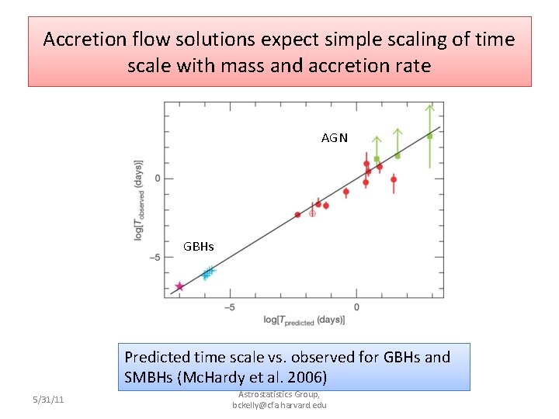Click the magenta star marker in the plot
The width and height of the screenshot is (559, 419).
pyautogui.click(x=179, y=286)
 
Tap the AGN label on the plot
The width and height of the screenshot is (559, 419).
pyautogui.click(x=335, y=138)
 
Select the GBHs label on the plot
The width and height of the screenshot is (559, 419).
pyautogui.click(x=198, y=247)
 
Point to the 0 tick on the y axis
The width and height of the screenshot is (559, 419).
pyautogui.click(x=158, y=178)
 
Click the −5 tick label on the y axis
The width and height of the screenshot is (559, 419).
pyautogui.click(x=155, y=258)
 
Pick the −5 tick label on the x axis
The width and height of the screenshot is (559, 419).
pyautogui.click(x=230, y=307)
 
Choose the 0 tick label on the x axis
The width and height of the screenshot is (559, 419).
pyautogui.click(x=356, y=307)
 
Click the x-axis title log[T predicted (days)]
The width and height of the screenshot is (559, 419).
pyautogui.click(x=304, y=320)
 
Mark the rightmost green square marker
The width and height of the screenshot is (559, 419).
pyautogui.click(x=429, y=136)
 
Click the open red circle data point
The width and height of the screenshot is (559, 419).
pyautogui.click(x=312, y=212)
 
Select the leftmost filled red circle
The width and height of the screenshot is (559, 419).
pyautogui.click(x=297, y=214)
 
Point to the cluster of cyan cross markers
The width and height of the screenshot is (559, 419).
pyautogui.click(x=207, y=272)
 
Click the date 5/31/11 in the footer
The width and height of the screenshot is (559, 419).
pyautogui.click(x=49, y=400)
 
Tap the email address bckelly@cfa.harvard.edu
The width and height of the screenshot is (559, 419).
pyautogui.click(x=279, y=405)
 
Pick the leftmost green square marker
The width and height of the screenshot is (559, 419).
pyautogui.click(x=376, y=159)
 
